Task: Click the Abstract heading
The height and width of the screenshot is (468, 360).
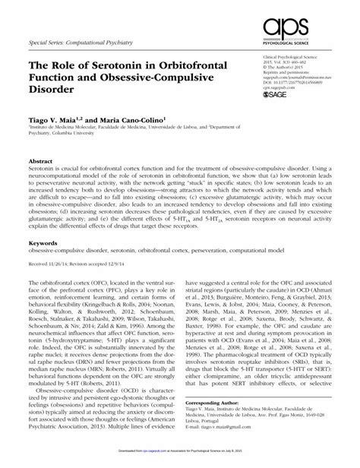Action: [41, 162]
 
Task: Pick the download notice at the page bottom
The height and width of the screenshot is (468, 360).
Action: [180, 462]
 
